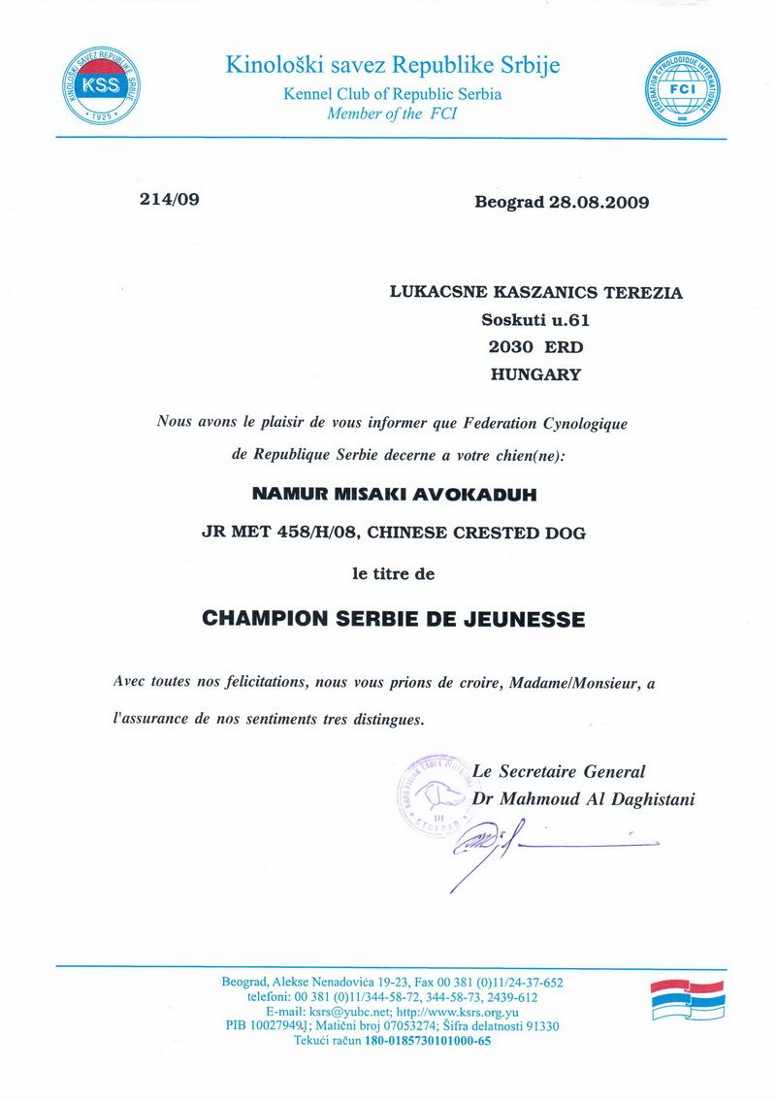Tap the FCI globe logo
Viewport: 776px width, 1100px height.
click(x=685, y=88)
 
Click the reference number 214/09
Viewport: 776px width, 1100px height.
click(x=170, y=201)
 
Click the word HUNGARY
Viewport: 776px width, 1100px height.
click(x=535, y=373)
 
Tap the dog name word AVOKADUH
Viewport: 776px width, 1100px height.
click(x=482, y=494)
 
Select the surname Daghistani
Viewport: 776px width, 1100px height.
click(x=644, y=799)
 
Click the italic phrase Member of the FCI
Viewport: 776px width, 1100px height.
click(x=392, y=113)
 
